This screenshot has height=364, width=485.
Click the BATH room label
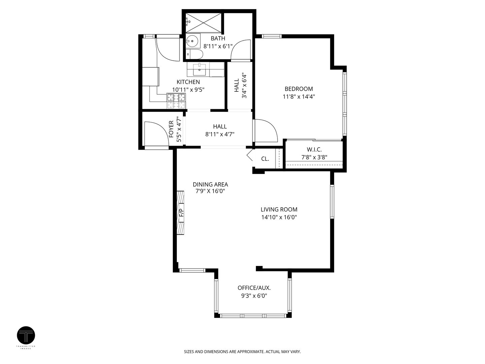click(218, 38)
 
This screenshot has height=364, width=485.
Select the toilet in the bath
click(195, 54)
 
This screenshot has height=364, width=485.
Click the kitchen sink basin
click(200, 70)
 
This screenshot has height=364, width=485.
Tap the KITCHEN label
click(188, 82)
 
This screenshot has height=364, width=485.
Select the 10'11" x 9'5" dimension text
click(188, 90)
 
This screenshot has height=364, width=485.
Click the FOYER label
click(171, 129)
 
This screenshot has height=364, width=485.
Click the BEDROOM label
click(299, 89)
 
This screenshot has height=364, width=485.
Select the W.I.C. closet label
click(314, 149)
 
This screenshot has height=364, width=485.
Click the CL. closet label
click(265, 158)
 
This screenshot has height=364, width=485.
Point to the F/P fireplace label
click(181, 212)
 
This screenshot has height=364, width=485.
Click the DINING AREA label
click(210, 184)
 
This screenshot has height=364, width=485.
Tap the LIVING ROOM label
click(279, 209)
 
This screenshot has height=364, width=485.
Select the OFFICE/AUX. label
click(254, 288)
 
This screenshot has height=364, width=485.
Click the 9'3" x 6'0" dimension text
click(254, 296)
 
